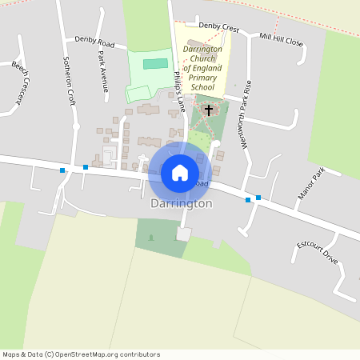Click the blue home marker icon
point(180,173)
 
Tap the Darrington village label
point(182,204)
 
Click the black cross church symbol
point(209,110)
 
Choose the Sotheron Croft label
point(70,87)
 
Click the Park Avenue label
point(102,72)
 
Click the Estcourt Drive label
point(318,253)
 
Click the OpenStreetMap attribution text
point(82,354)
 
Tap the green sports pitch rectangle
point(155,63)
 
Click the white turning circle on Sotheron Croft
point(76,126)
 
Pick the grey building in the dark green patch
point(184,234)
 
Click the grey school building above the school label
point(196,42)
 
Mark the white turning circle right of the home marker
point(216,144)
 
